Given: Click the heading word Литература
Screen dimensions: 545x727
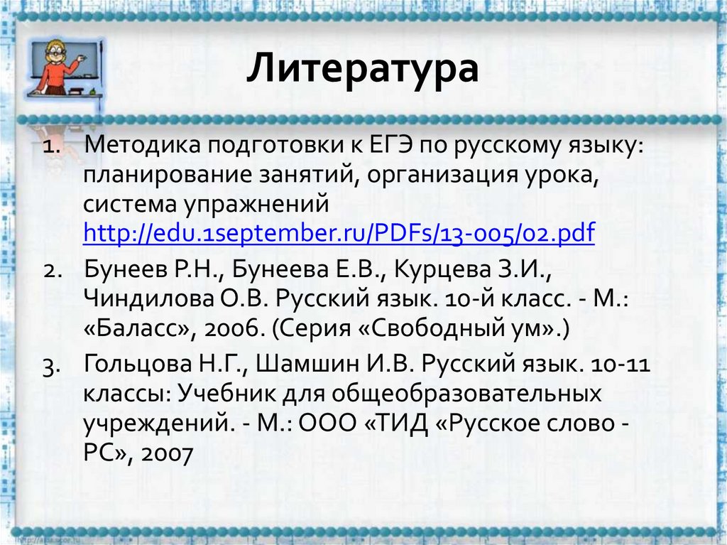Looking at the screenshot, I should (363, 71).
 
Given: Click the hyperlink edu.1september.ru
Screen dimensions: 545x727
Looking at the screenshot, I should (339, 232).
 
